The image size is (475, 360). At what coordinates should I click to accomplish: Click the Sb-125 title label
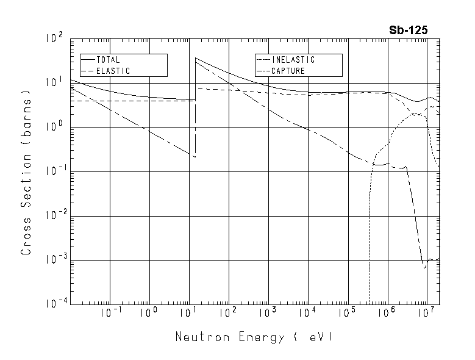point(409,30)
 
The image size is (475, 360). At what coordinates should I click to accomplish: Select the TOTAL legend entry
point(108,60)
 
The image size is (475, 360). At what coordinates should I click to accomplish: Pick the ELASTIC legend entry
point(113,71)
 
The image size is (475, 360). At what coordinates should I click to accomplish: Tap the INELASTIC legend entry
point(294,60)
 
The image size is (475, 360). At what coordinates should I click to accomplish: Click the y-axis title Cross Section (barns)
point(26,172)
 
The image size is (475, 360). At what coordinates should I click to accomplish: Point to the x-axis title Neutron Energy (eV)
point(255,336)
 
